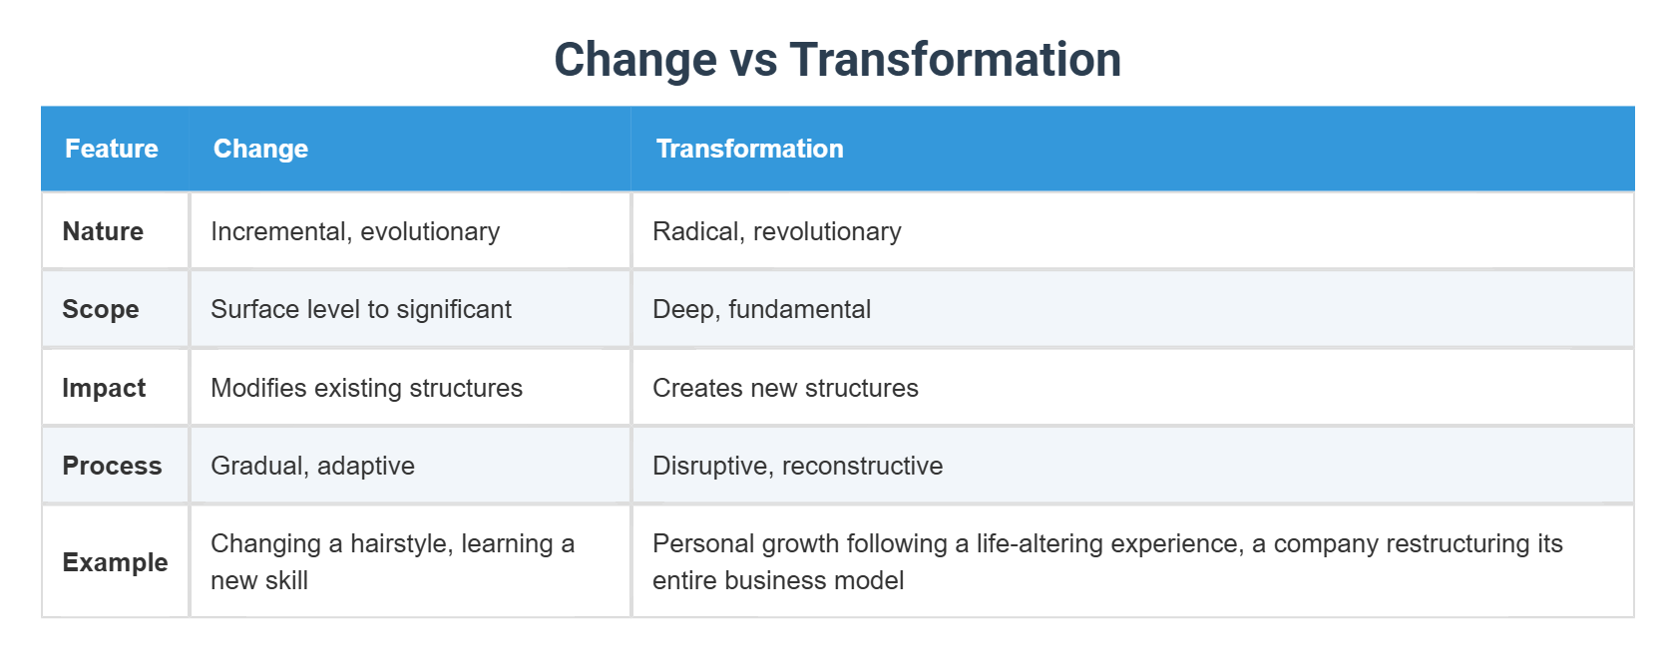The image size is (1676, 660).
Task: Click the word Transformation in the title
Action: tap(955, 60)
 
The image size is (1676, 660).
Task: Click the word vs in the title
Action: tap(753, 60)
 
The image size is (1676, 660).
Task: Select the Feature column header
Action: tap(112, 149)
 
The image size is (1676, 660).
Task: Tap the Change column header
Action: tap(260, 149)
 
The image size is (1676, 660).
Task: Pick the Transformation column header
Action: tap(749, 149)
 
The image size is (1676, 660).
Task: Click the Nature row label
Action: tap(103, 231)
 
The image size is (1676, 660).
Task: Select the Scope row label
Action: tap(101, 309)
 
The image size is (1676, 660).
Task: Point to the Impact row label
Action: tap(104, 388)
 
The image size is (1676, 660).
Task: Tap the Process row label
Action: tap(112, 466)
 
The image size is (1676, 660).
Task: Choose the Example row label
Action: tap(115, 562)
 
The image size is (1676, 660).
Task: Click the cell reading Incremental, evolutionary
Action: tap(355, 231)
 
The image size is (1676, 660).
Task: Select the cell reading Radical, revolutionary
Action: tap(776, 231)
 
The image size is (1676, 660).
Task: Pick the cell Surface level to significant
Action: tap(361, 309)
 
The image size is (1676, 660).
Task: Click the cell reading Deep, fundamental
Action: tap(761, 309)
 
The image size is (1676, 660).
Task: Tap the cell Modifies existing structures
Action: tap(366, 388)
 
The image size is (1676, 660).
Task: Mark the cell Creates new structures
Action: tap(785, 388)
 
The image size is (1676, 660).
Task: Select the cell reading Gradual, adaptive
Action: tap(312, 466)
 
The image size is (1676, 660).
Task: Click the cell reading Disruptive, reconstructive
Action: tap(797, 466)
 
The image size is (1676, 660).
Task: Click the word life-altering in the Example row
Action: tap(1040, 544)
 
